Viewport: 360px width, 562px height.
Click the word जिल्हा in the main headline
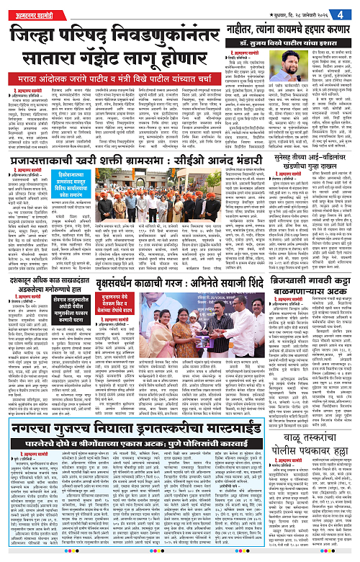[x=36, y=35]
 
